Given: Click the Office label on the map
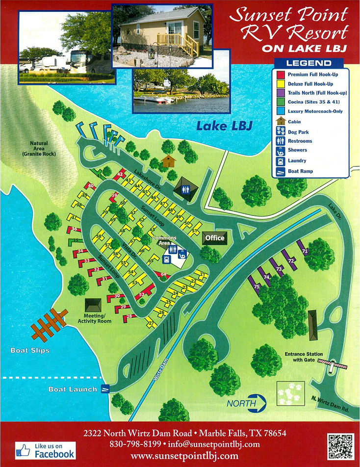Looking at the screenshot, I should pos(215,238).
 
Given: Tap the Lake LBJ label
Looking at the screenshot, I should pos(224,126).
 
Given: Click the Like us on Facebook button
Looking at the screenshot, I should pos(46,450).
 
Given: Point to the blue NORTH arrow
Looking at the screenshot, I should pos(246,403).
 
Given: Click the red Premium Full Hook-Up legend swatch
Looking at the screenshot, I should pos(281,75).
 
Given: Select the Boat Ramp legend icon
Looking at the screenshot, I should pos(281,171).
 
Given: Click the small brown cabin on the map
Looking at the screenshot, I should pos(168,160).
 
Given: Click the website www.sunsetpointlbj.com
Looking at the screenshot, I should pos(184,456).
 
